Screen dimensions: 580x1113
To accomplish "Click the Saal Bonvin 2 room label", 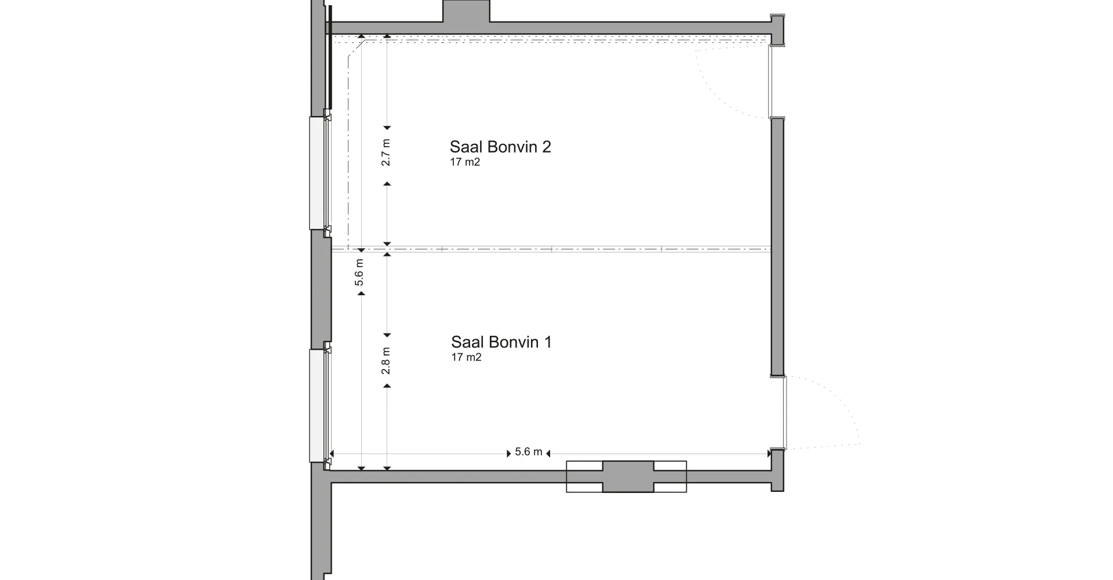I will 500,147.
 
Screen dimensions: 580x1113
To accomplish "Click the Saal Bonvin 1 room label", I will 501,342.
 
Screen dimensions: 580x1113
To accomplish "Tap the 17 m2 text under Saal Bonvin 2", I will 465,162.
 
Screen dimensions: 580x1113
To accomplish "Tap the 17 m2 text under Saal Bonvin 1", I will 466,357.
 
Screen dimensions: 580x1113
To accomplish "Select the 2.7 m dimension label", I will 386,153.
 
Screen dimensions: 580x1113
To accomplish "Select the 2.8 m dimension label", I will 386,360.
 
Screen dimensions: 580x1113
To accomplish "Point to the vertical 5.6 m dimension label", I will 359,273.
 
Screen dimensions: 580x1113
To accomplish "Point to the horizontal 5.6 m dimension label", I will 528,452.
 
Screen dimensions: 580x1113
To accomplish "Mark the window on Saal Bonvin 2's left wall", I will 317,173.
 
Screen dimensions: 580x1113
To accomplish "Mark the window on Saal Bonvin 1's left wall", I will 317,405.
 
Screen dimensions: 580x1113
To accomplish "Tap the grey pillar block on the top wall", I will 466,12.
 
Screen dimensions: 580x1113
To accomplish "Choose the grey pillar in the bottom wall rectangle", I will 628,477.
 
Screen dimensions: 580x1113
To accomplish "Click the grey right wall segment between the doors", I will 777,246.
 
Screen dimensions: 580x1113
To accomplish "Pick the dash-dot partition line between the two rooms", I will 551,250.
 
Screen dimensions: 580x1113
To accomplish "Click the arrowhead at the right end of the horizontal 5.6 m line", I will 770,453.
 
